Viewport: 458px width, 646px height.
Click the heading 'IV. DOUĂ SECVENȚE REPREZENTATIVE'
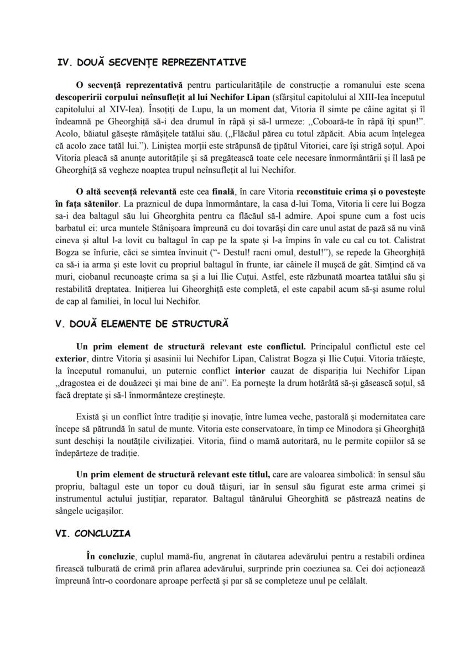(x=152, y=62)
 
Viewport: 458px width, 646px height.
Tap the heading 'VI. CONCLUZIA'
(x=93, y=534)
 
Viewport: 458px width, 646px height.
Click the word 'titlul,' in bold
(x=256, y=475)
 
